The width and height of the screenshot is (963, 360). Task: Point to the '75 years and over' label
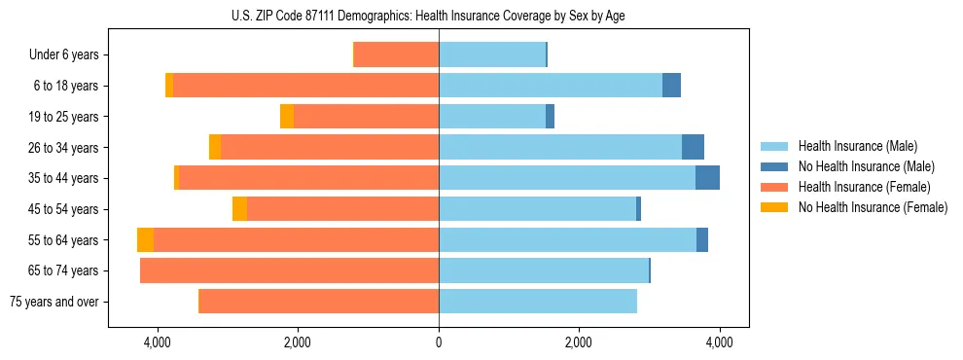click(54, 302)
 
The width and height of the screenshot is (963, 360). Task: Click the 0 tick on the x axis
click(439, 342)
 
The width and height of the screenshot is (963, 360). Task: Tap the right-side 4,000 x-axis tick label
click(719, 342)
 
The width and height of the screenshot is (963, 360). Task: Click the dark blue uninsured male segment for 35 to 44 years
click(707, 178)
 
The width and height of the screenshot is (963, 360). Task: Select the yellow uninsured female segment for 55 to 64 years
click(145, 240)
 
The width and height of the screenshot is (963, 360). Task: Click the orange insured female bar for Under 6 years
click(396, 55)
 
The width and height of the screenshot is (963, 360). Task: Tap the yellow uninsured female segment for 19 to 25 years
click(287, 117)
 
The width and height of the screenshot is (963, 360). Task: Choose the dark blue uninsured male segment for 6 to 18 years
click(671, 86)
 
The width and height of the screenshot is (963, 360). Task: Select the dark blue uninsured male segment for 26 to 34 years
click(693, 148)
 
